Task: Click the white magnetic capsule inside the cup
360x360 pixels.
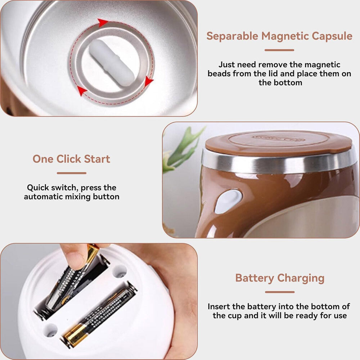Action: click(x=112, y=63)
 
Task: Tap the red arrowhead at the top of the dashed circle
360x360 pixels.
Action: click(x=103, y=23)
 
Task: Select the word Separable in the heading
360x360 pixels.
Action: click(x=232, y=36)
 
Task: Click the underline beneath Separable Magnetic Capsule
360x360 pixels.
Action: click(x=279, y=50)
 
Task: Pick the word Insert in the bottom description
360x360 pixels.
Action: click(x=221, y=307)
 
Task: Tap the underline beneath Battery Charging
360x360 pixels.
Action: click(x=279, y=292)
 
